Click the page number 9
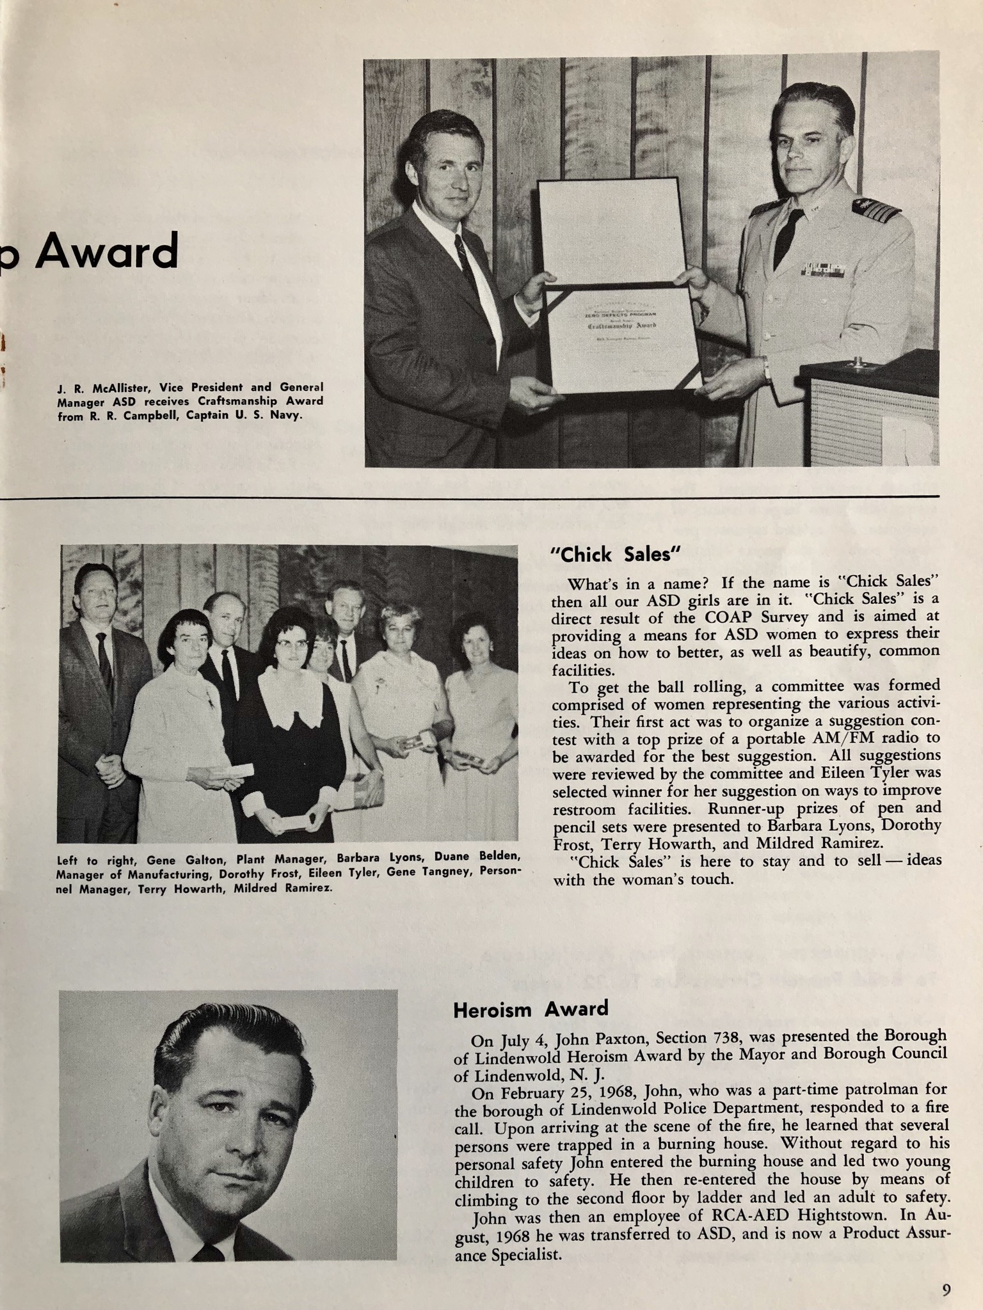pos(946,1291)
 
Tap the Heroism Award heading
pos(531,1009)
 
